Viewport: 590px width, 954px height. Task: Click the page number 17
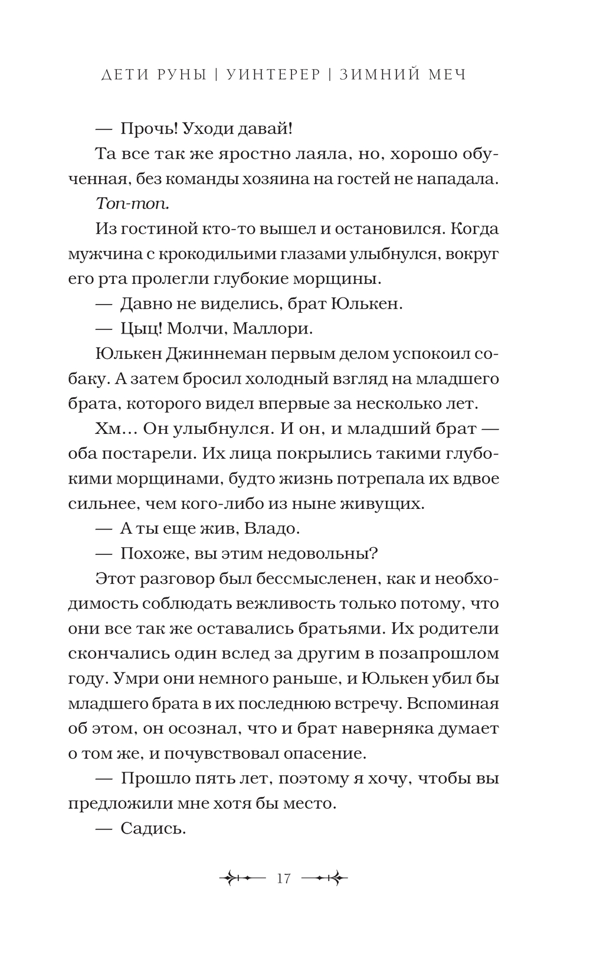click(284, 878)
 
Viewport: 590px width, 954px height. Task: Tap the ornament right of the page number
click(324, 878)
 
